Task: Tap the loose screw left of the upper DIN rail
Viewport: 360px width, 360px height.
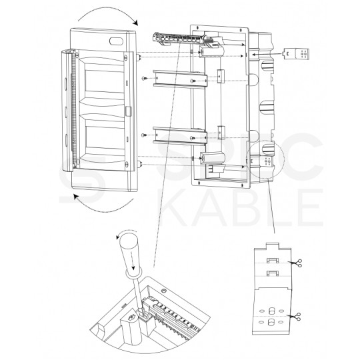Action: pos(145,79)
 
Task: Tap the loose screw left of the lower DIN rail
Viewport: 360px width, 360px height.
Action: pos(145,137)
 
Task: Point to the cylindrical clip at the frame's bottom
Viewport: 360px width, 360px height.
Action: pos(212,158)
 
